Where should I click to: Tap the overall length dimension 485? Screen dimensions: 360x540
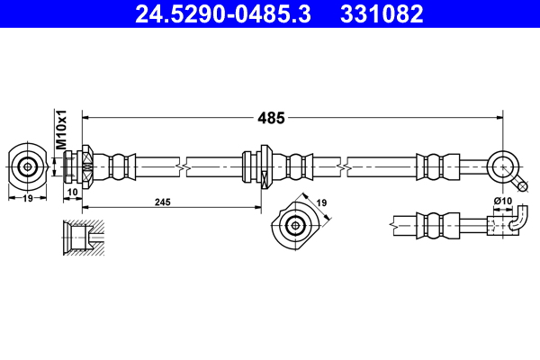coord(271,117)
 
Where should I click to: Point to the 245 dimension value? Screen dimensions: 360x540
coord(162,203)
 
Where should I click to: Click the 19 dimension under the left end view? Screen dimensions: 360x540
coord(28,198)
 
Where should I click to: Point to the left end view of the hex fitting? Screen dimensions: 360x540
coord(28,166)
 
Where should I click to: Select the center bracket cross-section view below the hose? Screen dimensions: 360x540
coord(294,225)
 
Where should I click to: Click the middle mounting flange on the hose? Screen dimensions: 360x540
coord(265,166)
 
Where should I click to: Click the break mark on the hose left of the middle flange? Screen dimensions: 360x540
coord(184,166)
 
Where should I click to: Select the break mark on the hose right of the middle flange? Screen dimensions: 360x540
coord(346,166)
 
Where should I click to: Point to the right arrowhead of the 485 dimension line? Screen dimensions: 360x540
coord(497,117)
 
